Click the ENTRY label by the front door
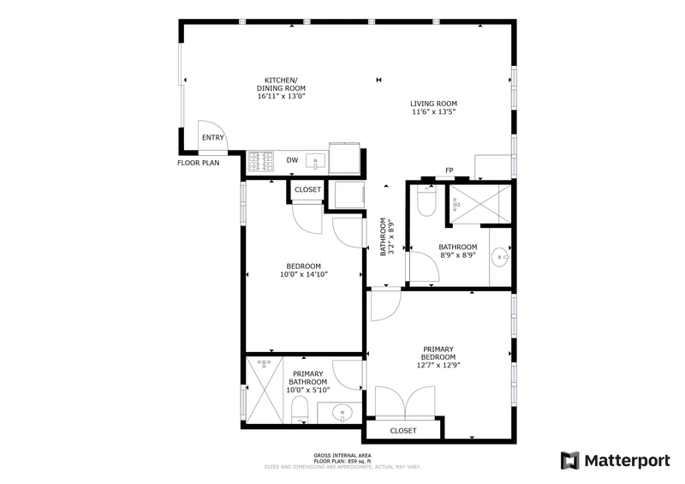click(212, 138)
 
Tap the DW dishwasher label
click(292, 160)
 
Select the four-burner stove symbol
click(261, 161)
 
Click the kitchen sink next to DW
click(315, 161)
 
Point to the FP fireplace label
click(449, 170)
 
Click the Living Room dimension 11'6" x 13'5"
click(434, 112)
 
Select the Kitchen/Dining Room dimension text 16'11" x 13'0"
click(281, 96)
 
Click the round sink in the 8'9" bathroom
click(500, 258)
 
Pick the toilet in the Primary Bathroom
click(300, 410)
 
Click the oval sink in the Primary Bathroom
click(342, 413)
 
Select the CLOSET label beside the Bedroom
click(307, 190)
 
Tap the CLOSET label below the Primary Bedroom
click(403, 431)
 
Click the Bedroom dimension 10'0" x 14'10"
click(304, 275)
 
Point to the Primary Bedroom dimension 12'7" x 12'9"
click(438, 365)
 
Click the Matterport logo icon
click(570, 461)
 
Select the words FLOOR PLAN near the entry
click(199, 163)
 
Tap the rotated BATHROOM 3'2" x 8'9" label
click(387, 236)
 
